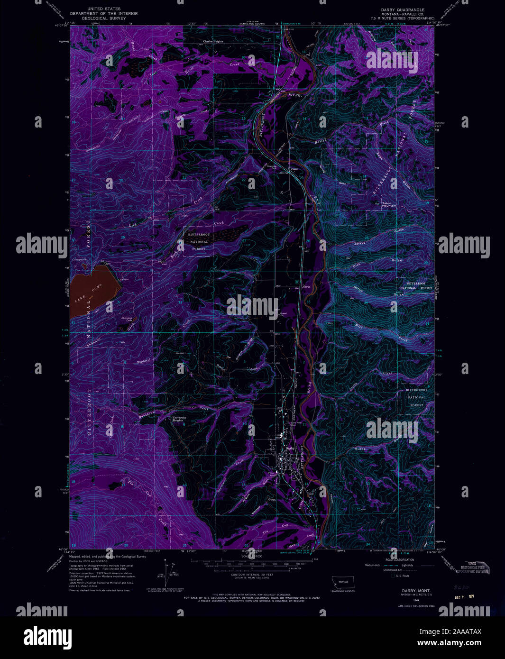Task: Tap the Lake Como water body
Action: coord(92,292)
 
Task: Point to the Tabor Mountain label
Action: coord(388,205)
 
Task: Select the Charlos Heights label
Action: coord(213,41)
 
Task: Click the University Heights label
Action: coord(178,419)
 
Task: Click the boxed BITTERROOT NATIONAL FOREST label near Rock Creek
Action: coord(198,242)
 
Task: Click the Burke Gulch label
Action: coord(361,448)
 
